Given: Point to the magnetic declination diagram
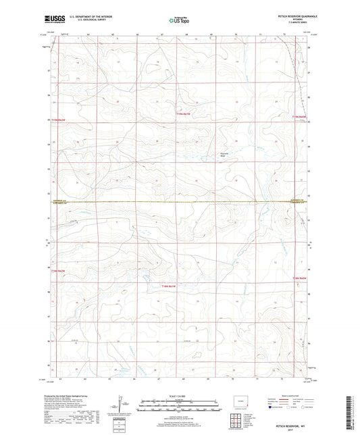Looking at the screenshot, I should pyautogui.click(x=122, y=407).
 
